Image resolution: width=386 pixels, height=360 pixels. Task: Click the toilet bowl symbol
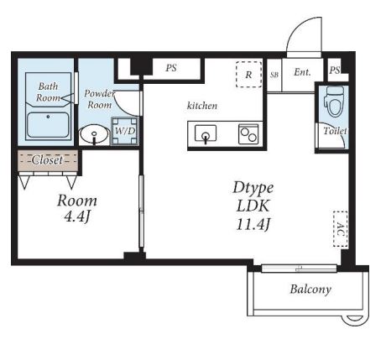334,102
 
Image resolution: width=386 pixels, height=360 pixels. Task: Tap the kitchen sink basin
206,133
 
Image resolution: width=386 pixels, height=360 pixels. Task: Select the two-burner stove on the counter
248,134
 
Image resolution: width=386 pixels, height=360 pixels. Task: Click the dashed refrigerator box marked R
248,75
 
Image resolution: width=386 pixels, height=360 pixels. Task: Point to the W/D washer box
125,131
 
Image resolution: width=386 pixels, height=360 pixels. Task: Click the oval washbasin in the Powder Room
94,134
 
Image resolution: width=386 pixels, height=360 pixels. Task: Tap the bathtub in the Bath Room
48,125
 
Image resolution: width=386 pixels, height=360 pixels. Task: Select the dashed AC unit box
341,229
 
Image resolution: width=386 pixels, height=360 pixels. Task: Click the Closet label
47,160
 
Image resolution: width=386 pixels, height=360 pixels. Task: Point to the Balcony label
310,290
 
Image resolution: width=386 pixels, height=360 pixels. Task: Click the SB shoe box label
274,75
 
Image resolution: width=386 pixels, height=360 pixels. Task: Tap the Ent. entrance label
302,72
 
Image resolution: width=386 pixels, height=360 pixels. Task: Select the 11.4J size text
253,224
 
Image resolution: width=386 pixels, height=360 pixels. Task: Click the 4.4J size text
77,217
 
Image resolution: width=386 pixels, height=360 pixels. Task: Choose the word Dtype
253,188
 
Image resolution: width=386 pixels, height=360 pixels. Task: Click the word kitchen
202,106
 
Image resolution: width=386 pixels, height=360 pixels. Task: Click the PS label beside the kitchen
171,68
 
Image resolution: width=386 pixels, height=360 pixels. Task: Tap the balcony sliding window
299,269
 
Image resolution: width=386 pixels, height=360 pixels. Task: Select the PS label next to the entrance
335,70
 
